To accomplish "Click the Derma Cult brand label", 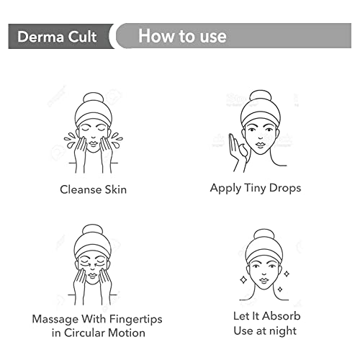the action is click(x=57, y=37).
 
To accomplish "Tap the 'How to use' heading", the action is click(x=182, y=36).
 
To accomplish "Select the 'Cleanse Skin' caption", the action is click(x=93, y=189).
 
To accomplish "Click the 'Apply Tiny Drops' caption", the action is click(x=256, y=188).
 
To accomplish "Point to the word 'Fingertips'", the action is click(x=136, y=320).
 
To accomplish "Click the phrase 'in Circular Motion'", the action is click(x=99, y=333).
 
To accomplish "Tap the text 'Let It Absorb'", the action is click(x=267, y=316).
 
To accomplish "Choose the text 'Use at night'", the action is click(x=265, y=331).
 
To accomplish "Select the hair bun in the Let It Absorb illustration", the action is click(x=264, y=235).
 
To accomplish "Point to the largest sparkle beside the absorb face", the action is click(x=243, y=280).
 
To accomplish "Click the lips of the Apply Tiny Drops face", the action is click(x=260, y=145).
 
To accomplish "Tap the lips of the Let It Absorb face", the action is click(x=264, y=280).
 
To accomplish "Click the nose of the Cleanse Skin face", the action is click(x=94, y=138).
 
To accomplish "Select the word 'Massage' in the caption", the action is click(x=55, y=320).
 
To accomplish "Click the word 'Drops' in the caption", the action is click(x=285, y=188).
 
